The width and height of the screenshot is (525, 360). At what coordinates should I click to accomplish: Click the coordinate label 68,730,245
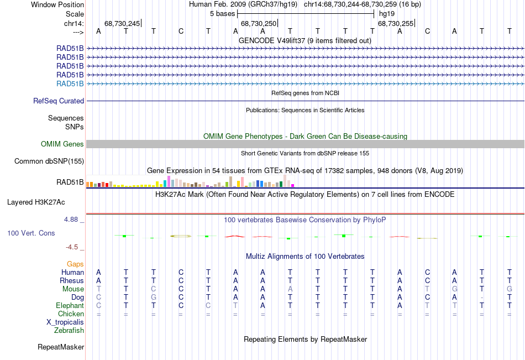pyautogui.click(x=122, y=23)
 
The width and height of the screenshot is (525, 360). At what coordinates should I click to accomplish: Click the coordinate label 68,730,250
pyautogui.click(x=258, y=23)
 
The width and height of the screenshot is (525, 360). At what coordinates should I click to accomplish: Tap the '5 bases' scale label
pyautogui.click(x=222, y=13)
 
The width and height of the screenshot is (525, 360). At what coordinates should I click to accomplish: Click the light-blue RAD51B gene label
pyautogui.click(x=70, y=84)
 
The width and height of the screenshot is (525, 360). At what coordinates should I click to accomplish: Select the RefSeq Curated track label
pyautogui.click(x=59, y=101)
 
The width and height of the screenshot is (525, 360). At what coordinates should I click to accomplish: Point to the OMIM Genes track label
pyautogui.click(x=62, y=144)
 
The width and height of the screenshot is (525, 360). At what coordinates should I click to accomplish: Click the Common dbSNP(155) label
pyautogui.click(x=49, y=161)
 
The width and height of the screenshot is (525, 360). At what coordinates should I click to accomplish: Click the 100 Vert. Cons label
pyautogui.click(x=31, y=233)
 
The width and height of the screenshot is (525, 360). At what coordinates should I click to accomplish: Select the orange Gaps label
pyautogui.click(x=75, y=264)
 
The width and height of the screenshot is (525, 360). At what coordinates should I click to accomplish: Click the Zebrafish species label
pyautogui.click(x=69, y=330)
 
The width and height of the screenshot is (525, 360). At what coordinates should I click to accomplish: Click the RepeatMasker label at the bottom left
pyautogui.click(x=61, y=347)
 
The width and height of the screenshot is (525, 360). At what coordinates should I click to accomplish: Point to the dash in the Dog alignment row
pyautogui.click(x=482, y=297)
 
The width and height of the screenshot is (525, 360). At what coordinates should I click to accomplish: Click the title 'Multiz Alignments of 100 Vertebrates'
pyautogui.click(x=305, y=257)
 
